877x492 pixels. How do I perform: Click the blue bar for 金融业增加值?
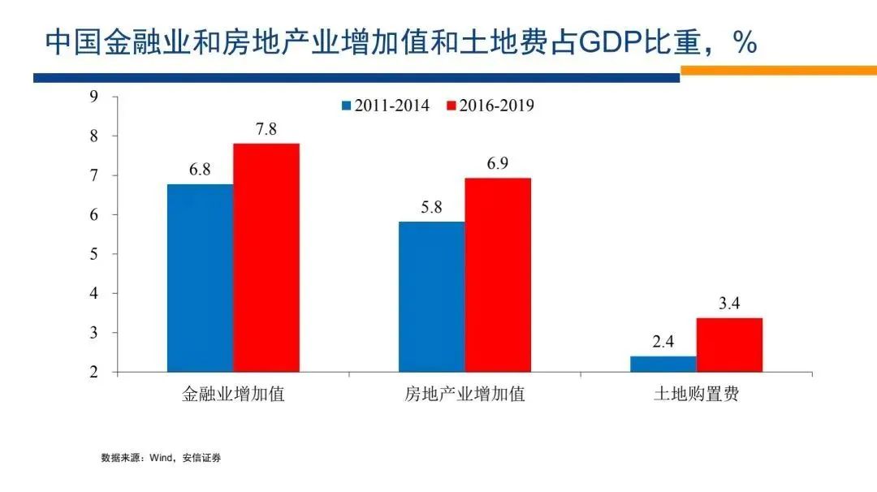click(x=200, y=278)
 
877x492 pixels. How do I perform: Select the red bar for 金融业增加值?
click(x=266, y=257)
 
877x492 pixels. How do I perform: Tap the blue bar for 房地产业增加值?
click(x=431, y=296)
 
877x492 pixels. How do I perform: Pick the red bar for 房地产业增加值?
click(x=498, y=274)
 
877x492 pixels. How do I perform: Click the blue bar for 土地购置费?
click(x=663, y=364)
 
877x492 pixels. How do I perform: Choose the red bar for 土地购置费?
click(x=729, y=344)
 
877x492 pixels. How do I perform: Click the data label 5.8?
click(x=431, y=208)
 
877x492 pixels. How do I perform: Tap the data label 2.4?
click(x=663, y=343)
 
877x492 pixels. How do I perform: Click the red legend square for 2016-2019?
click(x=451, y=106)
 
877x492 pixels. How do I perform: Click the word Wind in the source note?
click(x=162, y=458)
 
